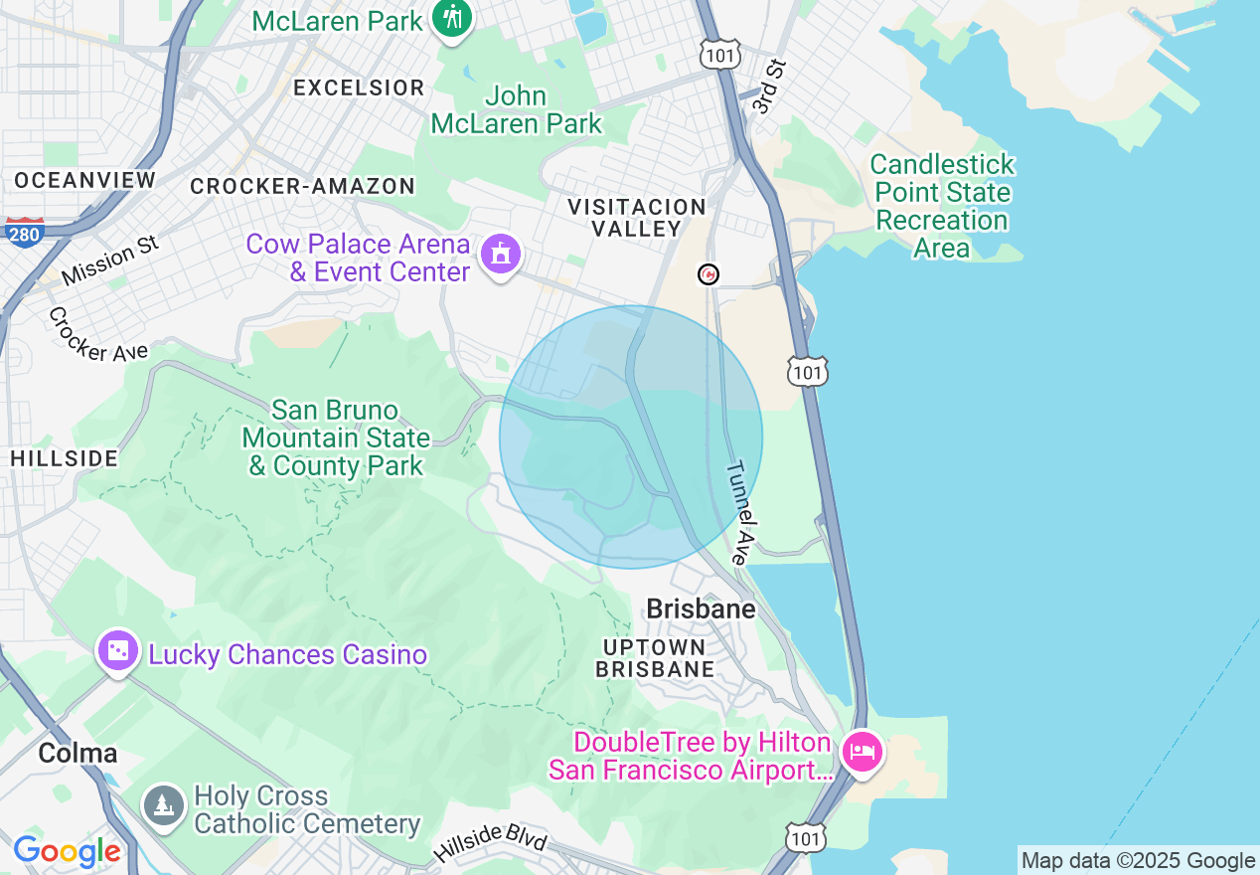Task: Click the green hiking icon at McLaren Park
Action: coord(453,19)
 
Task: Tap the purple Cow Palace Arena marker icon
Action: coord(501,256)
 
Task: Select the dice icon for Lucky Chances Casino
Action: coord(118,651)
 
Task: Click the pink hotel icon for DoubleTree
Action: coord(861,751)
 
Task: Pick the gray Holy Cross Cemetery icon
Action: coord(162,803)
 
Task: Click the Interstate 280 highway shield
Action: coord(23,232)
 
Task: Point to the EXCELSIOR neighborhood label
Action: coord(359,87)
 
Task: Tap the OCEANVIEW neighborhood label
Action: coord(85,180)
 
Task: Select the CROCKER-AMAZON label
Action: coord(302,186)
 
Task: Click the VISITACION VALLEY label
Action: coord(636,218)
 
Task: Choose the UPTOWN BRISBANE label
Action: coord(655,658)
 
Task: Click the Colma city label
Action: coord(78,753)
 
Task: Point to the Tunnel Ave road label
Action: coord(742,513)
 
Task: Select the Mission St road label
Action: coord(109,260)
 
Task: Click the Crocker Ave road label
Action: coord(97,335)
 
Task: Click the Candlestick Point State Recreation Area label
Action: coord(942,206)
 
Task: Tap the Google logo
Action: coord(67,851)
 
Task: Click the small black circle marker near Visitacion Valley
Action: coord(709,274)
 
